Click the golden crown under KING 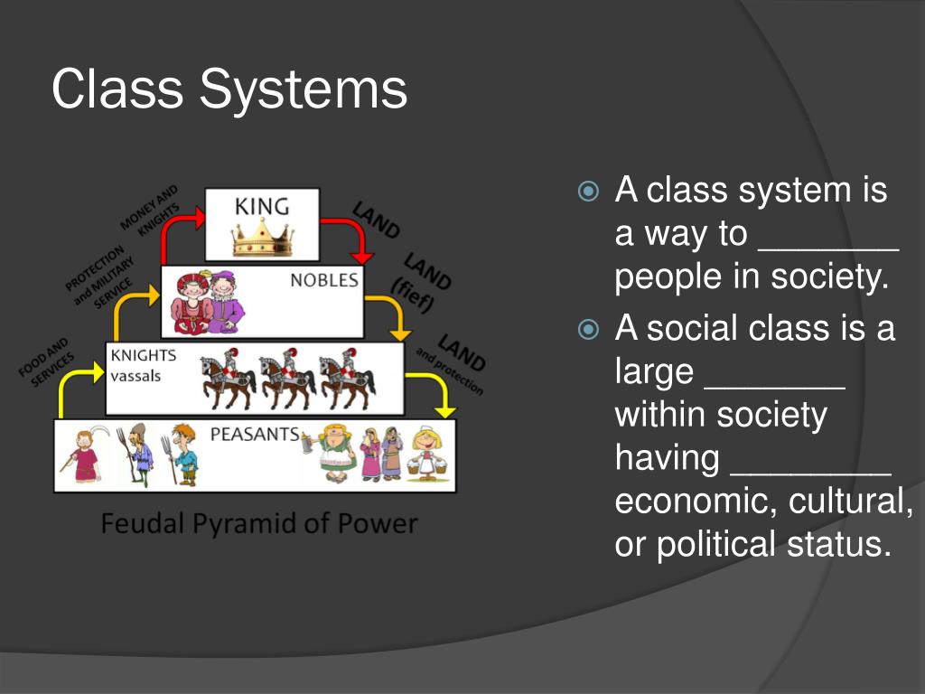pos(263,238)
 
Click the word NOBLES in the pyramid pos(324,280)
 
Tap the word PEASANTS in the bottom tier pos(254,435)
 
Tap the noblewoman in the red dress pos(192,301)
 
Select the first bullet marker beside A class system pos(588,192)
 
